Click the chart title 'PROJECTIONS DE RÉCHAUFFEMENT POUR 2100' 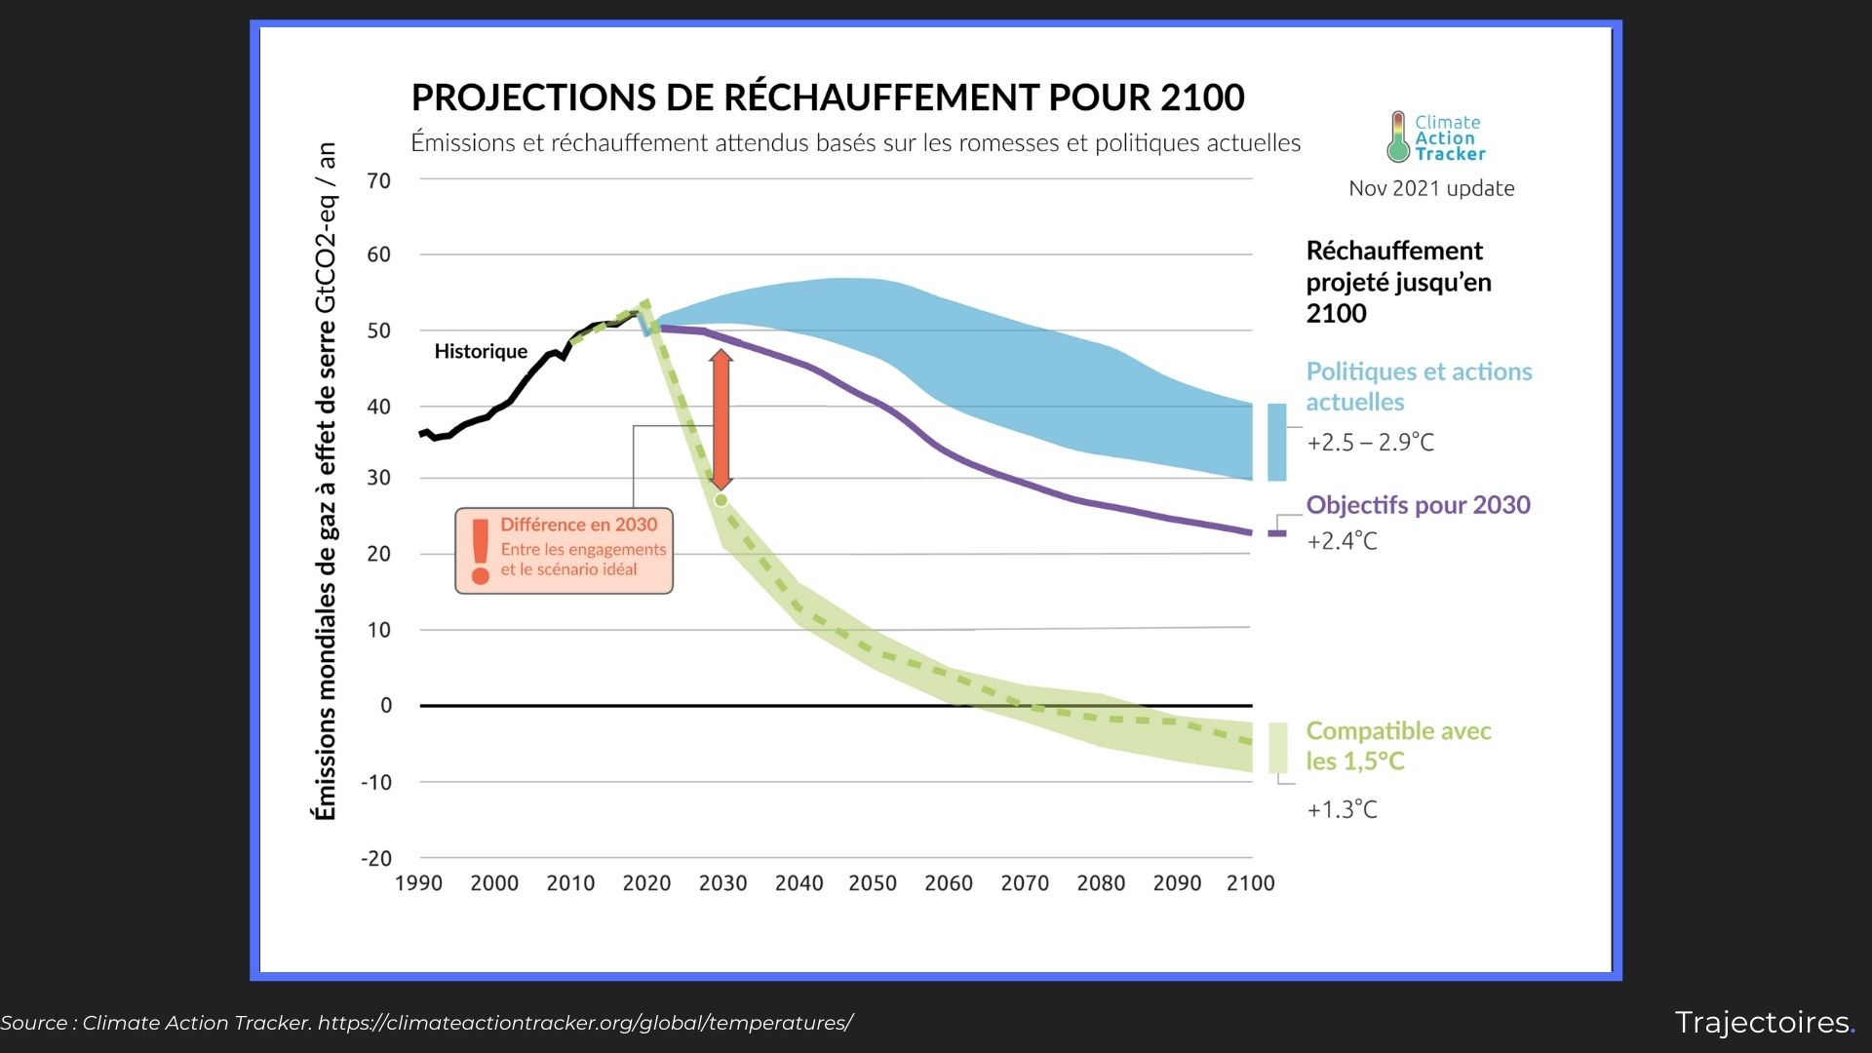827,97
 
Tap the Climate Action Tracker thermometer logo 1398,136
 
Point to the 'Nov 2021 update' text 1430,188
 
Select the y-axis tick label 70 378,180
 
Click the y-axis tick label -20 376,859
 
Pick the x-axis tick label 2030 722,883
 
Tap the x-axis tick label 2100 1250,883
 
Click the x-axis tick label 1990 418,883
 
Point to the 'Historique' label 481,351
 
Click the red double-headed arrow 721,419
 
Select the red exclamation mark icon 480,551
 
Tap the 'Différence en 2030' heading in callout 578,525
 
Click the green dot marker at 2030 721,500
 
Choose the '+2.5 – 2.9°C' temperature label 1370,443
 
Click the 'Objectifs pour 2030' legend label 1418,505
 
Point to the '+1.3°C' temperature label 1342,809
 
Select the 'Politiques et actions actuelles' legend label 1418,386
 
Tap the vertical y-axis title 326,482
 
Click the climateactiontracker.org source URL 585,1023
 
